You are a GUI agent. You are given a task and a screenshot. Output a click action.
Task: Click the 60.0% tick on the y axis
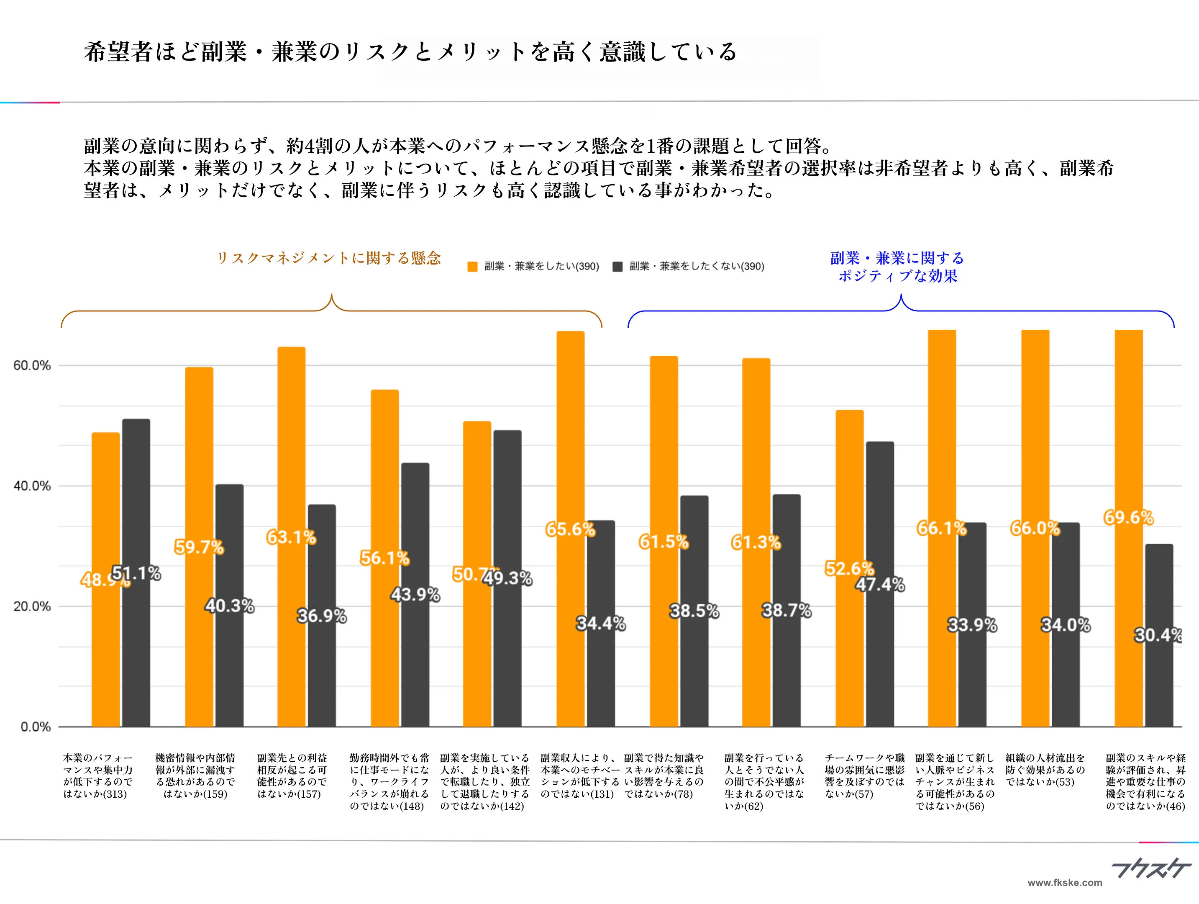(32, 365)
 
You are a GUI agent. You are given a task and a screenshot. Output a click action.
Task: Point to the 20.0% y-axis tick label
(32, 606)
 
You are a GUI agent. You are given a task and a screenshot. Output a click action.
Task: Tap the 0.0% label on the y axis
(35, 727)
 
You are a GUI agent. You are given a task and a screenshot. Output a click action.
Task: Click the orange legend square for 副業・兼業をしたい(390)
(472, 266)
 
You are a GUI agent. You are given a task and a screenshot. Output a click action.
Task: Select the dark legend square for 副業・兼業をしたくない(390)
(617, 266)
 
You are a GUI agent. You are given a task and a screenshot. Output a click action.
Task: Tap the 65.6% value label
(570, 529)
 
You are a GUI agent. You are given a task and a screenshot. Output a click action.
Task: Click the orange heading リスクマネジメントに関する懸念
(328, 258)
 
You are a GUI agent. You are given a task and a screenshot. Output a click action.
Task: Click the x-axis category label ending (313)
(97, 776)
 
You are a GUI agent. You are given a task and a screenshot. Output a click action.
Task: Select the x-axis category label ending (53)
(1045, 770)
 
